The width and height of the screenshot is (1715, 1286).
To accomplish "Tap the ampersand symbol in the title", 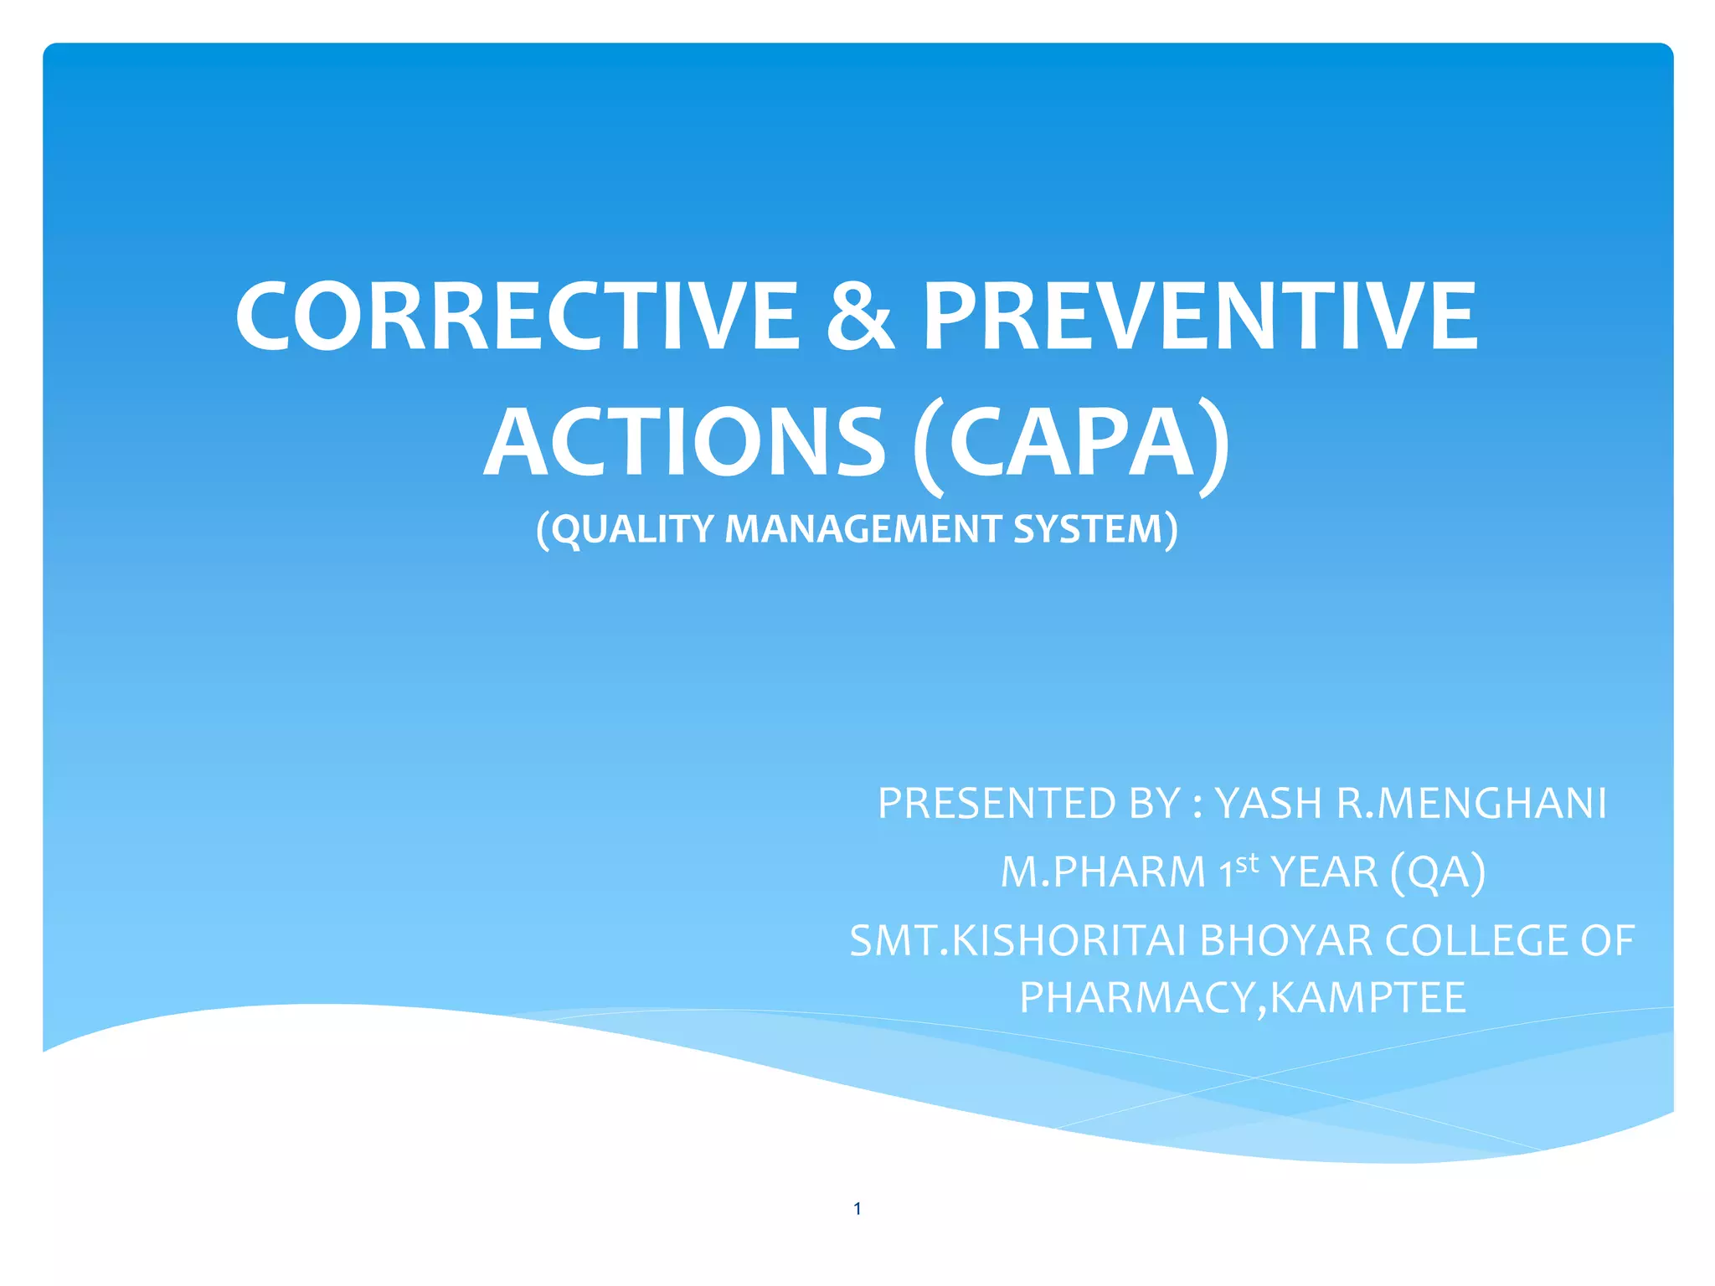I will pos(860,316).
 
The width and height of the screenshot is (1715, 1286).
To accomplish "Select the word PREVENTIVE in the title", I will pos(1200,316).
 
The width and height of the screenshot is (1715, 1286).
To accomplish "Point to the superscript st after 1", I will pos(1247,862).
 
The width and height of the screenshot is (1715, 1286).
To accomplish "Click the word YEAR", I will pos(1324,872).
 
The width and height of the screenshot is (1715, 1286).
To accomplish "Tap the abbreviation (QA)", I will pos(1437,872).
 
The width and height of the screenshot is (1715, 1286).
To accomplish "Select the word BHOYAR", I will pos(1286,941).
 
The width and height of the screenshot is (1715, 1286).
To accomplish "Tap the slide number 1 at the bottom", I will pos(857,1208).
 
